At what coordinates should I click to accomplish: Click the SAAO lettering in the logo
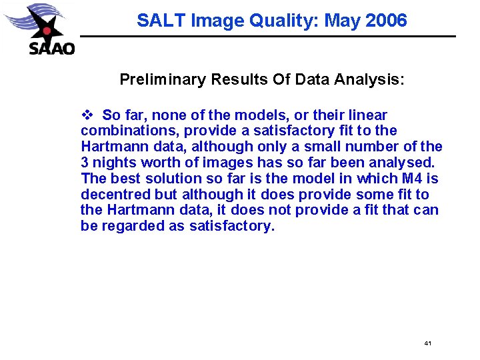[52, 49]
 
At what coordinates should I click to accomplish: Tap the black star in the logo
[45, 28]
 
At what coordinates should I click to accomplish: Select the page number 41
[427, 343]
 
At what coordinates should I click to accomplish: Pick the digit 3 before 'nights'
[85, 163]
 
